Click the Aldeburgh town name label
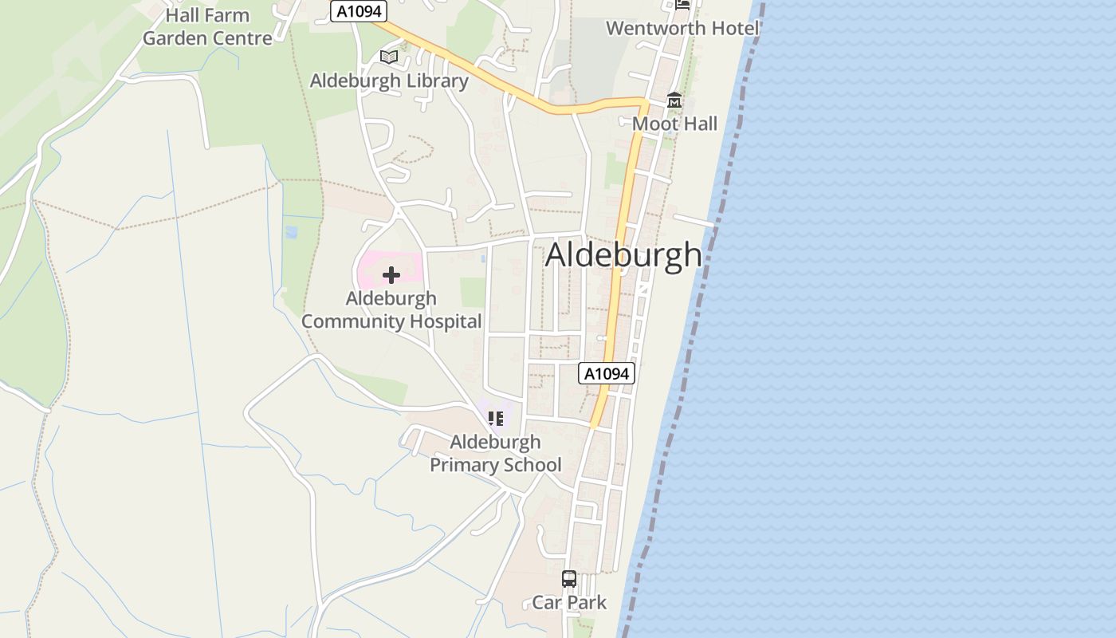623,255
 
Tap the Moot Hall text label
674,124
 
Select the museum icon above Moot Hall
674,100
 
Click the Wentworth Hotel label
682,28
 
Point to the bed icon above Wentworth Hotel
682,4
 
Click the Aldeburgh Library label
389,81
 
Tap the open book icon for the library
389,57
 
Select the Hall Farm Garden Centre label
207,26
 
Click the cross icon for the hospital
391,275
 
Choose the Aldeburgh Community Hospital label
391,310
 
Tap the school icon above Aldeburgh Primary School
496,418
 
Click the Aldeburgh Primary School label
496,453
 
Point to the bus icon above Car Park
569,579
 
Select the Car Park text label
569,602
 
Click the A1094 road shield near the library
359,11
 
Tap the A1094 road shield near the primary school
607,373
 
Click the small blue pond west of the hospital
291,232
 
